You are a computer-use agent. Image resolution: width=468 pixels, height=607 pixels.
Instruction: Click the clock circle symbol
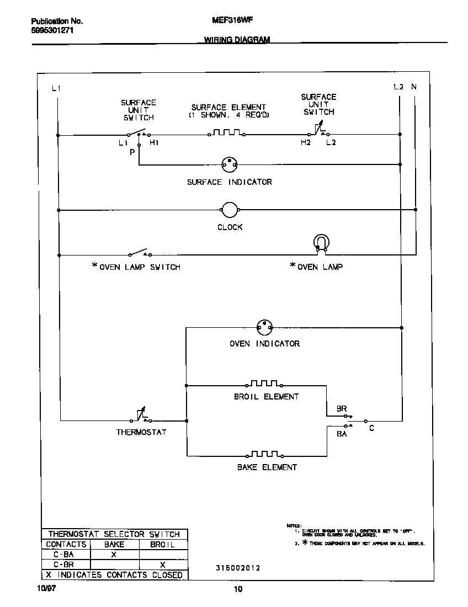[x=229, y=210]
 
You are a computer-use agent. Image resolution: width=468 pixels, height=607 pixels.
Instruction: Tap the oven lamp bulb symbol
[x=321, y=243]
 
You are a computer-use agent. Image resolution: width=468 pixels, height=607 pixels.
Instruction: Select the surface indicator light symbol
[x=229, y=164]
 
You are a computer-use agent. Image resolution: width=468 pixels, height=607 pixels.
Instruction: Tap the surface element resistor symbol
[x=226, y=134]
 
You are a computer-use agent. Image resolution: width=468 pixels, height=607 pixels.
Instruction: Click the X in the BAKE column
[x=114, y=555]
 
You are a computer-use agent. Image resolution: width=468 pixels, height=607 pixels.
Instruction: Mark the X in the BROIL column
[x=162, y=565]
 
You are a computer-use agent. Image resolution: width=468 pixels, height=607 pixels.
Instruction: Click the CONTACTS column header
[x=66, y=544]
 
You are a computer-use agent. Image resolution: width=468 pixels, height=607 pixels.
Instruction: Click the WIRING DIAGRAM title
[x=237, y=40]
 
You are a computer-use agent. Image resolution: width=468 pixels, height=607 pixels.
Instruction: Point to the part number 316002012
[x=237, y=567]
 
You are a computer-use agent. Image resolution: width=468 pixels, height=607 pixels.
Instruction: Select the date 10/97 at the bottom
[x=46, y=589]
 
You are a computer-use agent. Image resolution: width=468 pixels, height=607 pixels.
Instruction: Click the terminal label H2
[x=305, y=143]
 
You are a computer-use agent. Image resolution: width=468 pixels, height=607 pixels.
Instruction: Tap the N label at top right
[x=414, y=87]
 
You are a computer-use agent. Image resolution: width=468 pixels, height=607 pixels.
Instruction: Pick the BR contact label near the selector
[x=342, y=409]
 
